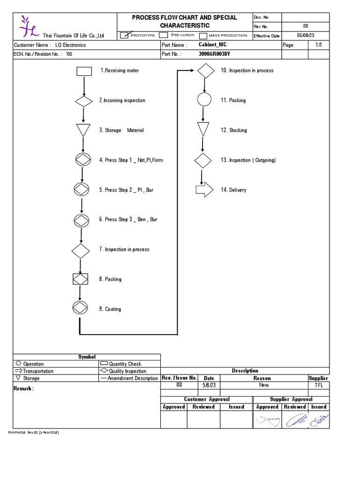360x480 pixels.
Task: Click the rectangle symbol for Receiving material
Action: pos(84,71)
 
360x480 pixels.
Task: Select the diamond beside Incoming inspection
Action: pos(84,101)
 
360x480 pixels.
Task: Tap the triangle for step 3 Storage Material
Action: pos(83,130)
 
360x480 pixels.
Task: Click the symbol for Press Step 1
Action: pos(82,160)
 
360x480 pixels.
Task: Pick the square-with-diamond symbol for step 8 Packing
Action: pos(80,279)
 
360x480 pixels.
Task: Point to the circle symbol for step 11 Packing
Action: pos(204,100)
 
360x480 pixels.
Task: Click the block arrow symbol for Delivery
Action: pos(204,190)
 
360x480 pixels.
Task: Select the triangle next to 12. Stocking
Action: pos(203,129)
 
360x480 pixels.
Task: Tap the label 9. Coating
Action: pos(110,309)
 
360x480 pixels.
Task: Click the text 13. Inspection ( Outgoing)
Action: pos(248,160)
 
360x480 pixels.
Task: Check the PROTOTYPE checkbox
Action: pos(125,35)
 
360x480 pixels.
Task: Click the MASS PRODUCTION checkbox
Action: pos(203,36)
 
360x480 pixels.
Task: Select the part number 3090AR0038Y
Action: pos(214,54)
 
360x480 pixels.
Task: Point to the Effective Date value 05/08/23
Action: pos(306,35)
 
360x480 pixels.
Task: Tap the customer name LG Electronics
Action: pos(70,45)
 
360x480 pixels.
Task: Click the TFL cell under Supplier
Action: pos(319,385)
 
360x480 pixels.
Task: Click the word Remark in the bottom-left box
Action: pos(23,389)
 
